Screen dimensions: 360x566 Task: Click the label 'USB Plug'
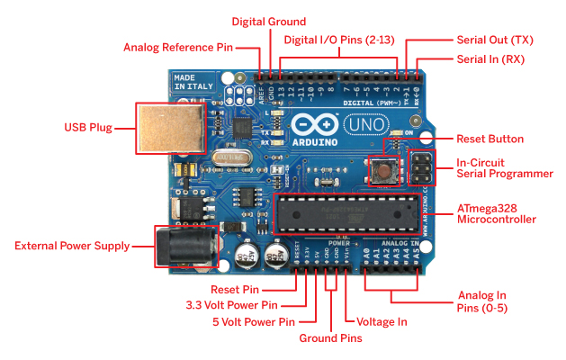click(88, 128)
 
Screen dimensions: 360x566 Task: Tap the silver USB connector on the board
click(164, 127)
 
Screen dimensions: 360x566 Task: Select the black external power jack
click(184, 245)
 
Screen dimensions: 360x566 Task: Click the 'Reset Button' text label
click(490, 139)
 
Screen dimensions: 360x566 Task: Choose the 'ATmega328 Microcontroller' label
click(497, 213)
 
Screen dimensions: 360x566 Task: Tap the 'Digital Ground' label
click(269, 21)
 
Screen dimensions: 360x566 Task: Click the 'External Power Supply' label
click(73, 246)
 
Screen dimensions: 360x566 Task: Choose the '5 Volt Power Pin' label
click(261, 321)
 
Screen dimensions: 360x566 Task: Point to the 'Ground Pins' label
click(330, 338)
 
